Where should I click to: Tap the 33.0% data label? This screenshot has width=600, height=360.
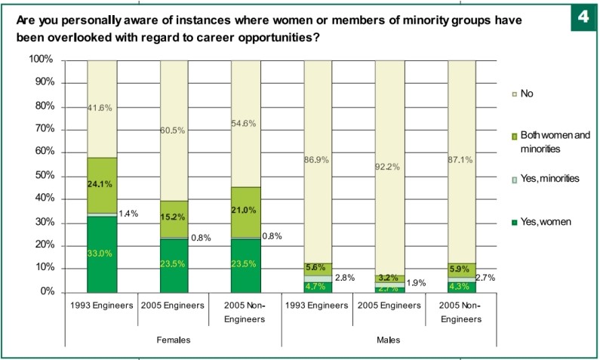[101, 254]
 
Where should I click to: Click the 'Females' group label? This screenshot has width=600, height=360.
[173, 340]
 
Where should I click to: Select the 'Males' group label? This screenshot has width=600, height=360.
[389, 340]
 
